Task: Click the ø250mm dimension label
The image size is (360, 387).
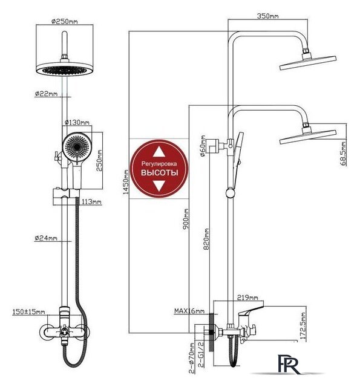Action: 65,21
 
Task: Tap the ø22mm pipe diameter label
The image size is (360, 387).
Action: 46,94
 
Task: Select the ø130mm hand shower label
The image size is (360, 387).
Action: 77,122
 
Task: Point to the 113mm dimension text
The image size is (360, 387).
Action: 91,201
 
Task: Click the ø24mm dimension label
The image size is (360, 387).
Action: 46,238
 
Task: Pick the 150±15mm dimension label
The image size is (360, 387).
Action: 29,312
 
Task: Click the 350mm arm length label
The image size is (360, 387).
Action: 267,16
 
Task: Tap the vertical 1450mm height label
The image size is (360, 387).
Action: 126,182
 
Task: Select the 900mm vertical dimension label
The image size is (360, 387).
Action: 186,219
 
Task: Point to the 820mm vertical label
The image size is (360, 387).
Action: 206,239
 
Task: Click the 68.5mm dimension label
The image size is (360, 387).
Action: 344,153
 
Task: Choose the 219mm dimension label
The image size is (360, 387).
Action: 247,298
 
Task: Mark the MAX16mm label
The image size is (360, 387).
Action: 189,311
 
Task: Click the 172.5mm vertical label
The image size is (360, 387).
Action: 303,325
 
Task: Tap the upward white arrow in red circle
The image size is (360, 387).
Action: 159,152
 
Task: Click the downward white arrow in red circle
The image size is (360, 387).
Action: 159,186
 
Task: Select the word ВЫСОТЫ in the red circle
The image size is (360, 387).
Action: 159,172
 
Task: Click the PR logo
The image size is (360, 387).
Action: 289,365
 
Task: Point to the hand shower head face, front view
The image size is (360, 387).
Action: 77,147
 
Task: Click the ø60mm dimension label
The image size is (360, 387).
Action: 203,146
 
